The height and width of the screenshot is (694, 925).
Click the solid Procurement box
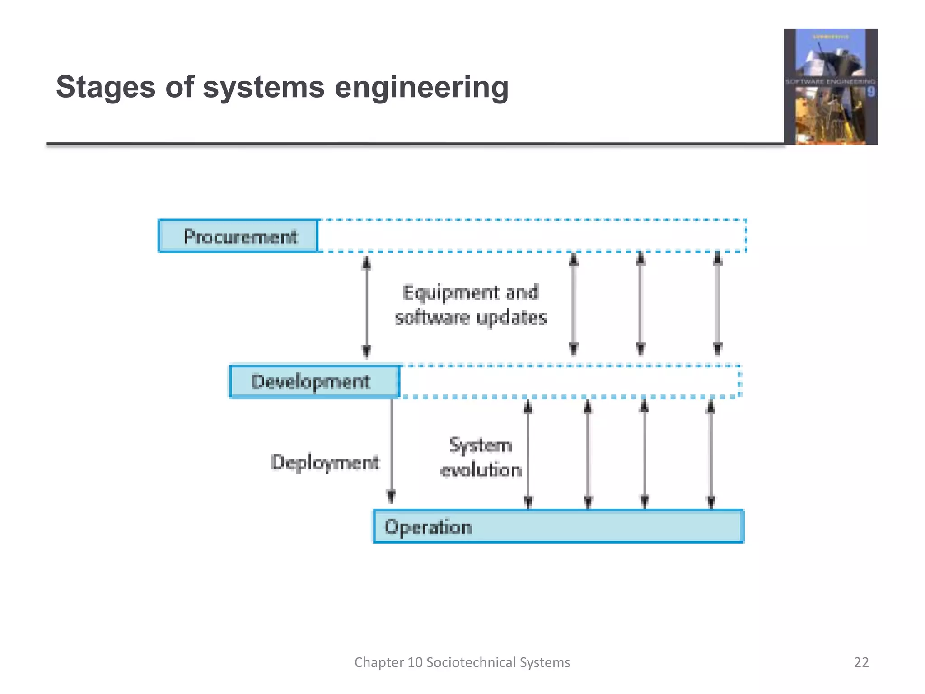click(x=238, y=236)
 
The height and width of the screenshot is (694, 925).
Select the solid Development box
click(x=314, y=382)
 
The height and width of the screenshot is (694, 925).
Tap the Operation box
click(x=558, y=526)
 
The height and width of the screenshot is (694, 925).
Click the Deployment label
click(x=325, y=462)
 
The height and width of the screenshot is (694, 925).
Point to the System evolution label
click(x=481, y=457)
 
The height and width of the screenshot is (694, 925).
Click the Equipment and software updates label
click(x=471, y=305)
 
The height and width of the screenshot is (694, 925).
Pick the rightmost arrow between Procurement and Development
click(x=718, y=304)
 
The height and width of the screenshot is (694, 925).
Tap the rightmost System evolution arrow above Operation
click(x=711, y=454)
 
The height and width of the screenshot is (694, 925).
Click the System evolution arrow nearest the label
click(x=528, y=454)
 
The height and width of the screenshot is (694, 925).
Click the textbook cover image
click(x=830, y=87)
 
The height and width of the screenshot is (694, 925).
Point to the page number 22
click(x=861, y=662)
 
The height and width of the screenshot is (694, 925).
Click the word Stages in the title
click(x=106, y=87)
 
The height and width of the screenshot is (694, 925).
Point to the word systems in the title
click(x=263, y=87)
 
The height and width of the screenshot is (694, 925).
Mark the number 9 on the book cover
click(x=870, y=92)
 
